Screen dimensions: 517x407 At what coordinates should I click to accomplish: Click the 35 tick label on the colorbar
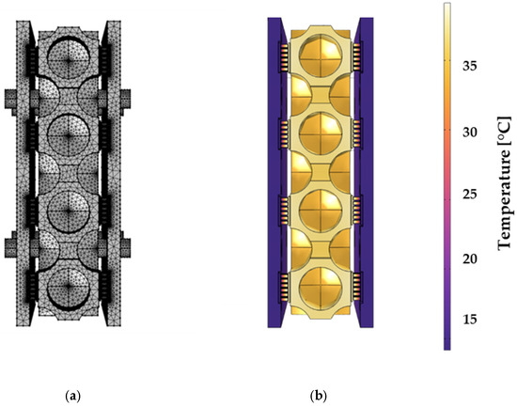(469, 67)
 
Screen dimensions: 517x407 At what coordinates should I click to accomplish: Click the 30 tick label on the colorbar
(469, 133)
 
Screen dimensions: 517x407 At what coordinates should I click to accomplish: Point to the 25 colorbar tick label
(469, 195)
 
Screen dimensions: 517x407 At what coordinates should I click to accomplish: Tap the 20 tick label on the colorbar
(469, 258)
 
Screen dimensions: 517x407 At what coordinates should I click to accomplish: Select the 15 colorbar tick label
(469, 320)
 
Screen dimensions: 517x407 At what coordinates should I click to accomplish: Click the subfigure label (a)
(73, 396)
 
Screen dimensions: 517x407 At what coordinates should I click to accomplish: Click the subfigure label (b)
(319, 396)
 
